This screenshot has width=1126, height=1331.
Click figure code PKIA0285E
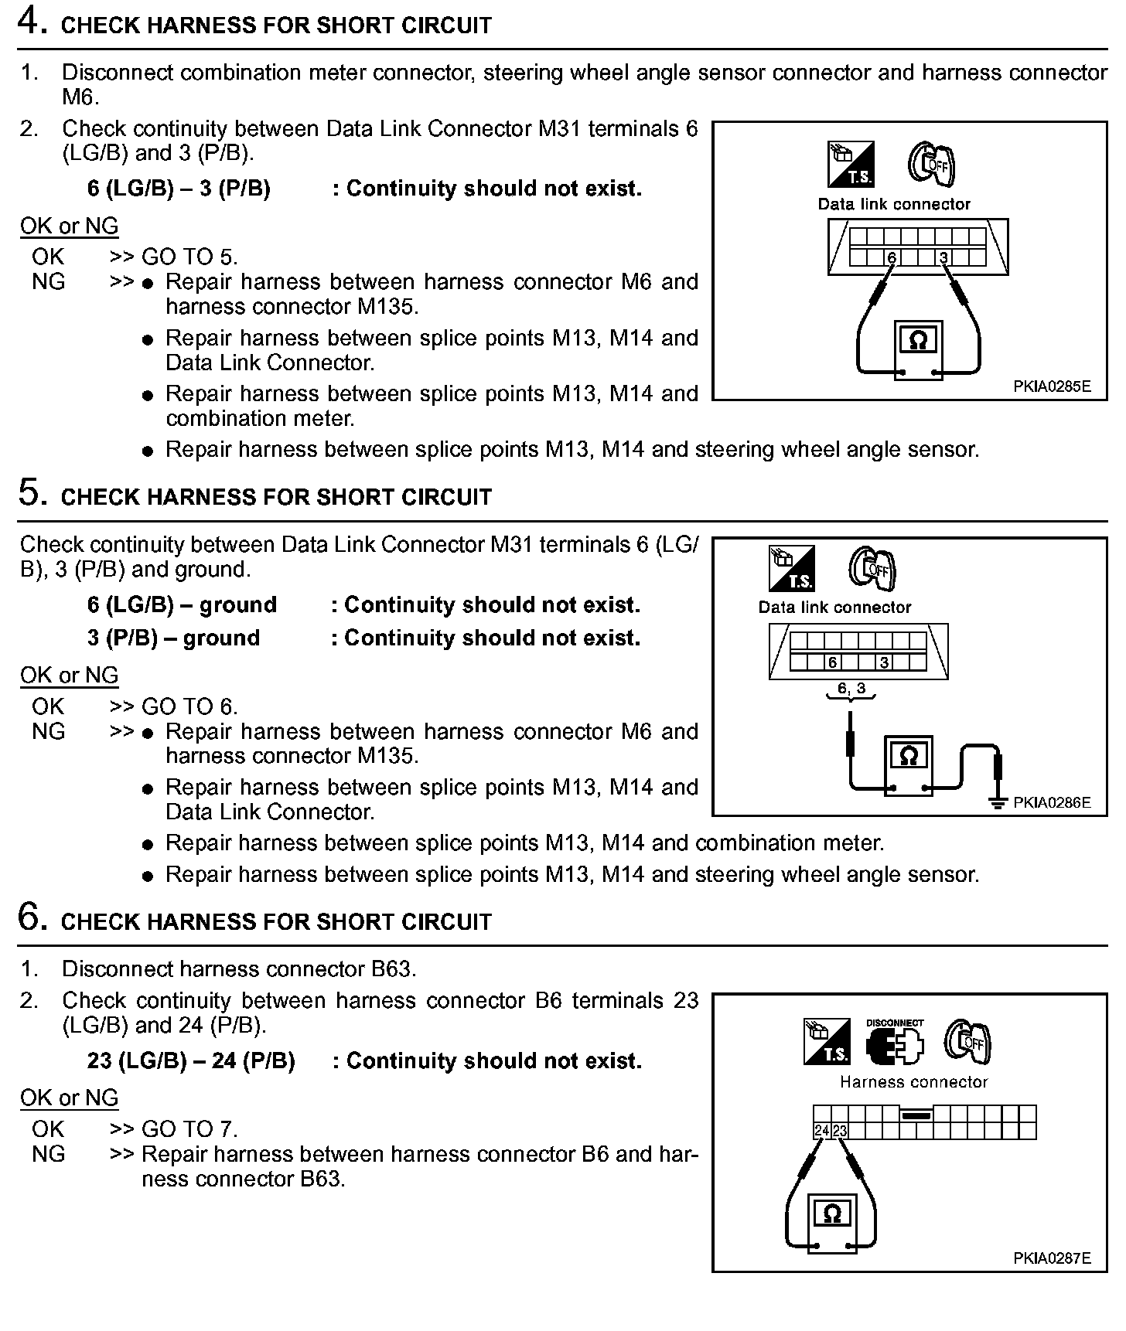click(1052, 386)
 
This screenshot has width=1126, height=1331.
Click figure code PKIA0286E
click(1052, 802)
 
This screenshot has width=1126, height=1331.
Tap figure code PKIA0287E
click(1052, 1258)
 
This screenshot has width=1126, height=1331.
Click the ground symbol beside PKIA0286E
click(998, 802)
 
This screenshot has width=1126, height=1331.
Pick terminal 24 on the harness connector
click(821, 1131)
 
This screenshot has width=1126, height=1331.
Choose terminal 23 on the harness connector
click(839, 1131)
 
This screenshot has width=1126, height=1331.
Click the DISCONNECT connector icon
click(895, 1044)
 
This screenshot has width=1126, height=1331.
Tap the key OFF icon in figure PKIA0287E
click(967, 1042)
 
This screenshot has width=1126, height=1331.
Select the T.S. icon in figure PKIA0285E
click(850, 165)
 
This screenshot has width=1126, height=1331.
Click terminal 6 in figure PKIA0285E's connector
click(892, 257)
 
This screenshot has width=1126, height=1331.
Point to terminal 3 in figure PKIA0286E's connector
click(884, 662)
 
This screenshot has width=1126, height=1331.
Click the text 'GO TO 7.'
click(189, 1129)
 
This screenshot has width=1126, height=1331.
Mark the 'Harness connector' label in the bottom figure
click(913, 1082)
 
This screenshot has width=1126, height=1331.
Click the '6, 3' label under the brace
click(851, 688)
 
